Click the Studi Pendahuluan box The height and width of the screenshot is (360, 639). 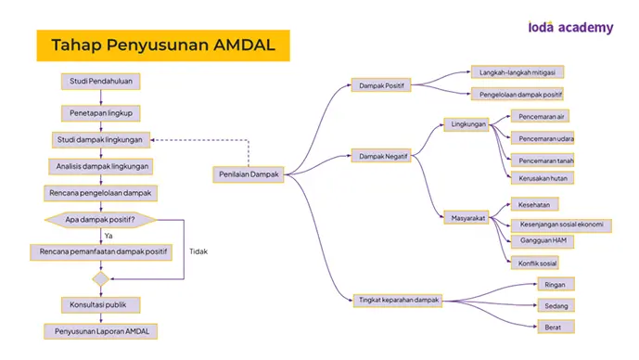click(101, 81)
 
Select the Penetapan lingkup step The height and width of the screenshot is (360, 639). click(101, 113)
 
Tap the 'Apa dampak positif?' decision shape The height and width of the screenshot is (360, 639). click(101, 220)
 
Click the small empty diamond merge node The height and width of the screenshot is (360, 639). click(101, 279)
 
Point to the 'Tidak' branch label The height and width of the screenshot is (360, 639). click(198, 251)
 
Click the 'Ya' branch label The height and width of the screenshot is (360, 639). click(109, 236)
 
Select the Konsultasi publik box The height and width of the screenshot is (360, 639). click(101, 304)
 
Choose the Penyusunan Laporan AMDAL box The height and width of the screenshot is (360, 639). click(101, 331)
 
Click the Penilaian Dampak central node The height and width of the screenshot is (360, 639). click(249, 174)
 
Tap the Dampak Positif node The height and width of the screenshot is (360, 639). click(381, 85)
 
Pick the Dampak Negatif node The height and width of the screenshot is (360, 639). click(381, 156)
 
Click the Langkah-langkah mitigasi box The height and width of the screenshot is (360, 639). click(518, 72)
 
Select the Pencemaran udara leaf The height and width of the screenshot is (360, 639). click(543, 138)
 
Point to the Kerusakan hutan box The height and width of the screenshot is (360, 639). click(543, 178)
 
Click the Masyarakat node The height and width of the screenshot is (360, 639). click(466, 218)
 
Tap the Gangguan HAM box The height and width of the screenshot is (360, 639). click(543, 241)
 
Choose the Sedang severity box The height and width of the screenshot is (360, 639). click(556, 305)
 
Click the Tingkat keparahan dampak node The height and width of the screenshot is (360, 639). click(398, 300)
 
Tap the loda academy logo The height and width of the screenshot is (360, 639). click(570, 27)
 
